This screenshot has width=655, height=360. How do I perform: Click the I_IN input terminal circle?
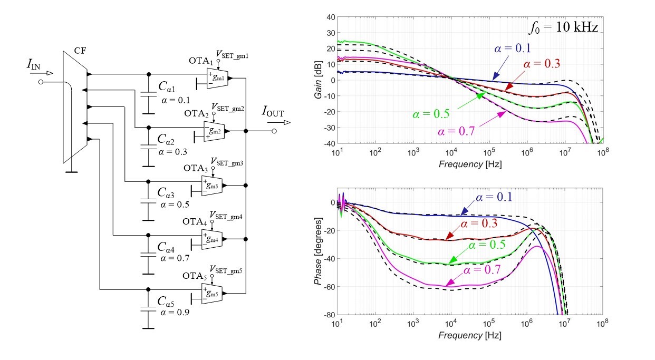coord(41,82)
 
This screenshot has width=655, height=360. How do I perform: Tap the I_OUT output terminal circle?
coord(274,131)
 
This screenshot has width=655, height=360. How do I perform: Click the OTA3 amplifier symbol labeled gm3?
coord(212,186)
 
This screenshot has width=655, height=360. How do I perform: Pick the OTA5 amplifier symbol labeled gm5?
coord(212,294)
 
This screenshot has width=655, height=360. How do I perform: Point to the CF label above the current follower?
coord(80,51)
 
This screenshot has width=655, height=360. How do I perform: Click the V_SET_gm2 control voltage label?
coord(228,108)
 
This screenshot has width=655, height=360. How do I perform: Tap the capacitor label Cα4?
coord(166,247)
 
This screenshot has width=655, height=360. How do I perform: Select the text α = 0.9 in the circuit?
coord(175,313)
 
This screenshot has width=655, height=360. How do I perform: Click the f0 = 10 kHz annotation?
coord(563,28)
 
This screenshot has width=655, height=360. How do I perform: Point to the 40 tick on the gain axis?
coord(331,17)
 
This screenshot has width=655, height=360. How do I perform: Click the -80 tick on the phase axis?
coord(329,315)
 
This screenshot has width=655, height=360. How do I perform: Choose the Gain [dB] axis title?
coord(318,80)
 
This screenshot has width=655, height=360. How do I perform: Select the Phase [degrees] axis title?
coord(318,251)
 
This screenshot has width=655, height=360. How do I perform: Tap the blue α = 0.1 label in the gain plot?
coord(512,48)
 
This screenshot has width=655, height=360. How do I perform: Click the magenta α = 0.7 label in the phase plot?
coord(482,269)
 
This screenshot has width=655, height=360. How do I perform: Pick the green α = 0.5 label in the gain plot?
coord(431,114)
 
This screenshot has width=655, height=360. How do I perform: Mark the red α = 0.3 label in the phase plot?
coord(479,223)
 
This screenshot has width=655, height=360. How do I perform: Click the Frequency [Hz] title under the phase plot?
coord(470,335)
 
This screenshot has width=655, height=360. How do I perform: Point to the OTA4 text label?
coord(195,222)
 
